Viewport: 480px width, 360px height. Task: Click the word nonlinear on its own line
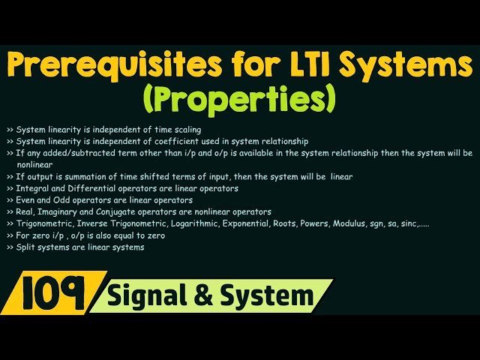click(x=34, y=164)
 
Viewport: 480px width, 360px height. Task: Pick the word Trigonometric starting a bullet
click(x=43, y=223)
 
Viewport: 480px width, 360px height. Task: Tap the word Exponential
click(x=265, y=223)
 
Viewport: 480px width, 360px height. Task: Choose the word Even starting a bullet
click(x=25, y=200)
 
